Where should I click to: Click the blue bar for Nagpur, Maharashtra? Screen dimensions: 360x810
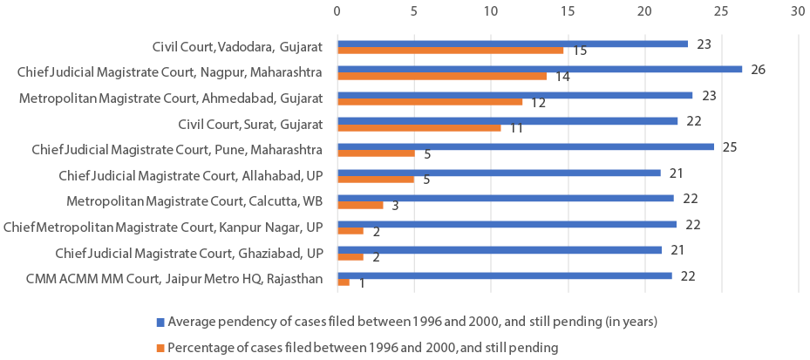pos(540,70)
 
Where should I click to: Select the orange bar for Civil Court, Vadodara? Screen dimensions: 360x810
pos(450,51)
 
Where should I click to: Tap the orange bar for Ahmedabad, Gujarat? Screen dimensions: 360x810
pos(430,102)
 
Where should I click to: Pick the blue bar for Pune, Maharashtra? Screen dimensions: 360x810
pos(526,146)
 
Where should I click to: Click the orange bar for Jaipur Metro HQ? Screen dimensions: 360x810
pos(344,282)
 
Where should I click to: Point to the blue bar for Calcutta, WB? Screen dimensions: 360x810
pos(506,198)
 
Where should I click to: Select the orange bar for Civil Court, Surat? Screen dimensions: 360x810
pos(419,127)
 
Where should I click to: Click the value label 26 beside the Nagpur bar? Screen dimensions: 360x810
pos(758,70)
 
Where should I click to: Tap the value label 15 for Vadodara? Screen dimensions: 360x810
pos(579,51)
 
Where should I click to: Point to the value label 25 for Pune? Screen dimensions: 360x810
pos(730,146)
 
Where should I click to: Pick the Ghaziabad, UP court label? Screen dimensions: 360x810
pos(189,253)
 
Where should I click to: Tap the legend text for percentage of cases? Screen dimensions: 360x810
pos(363,348)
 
